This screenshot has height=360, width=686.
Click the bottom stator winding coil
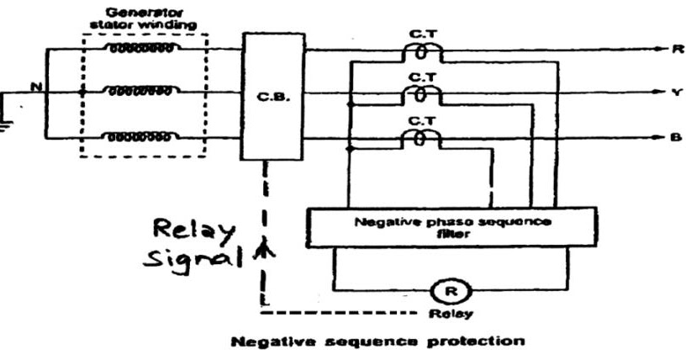142,136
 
